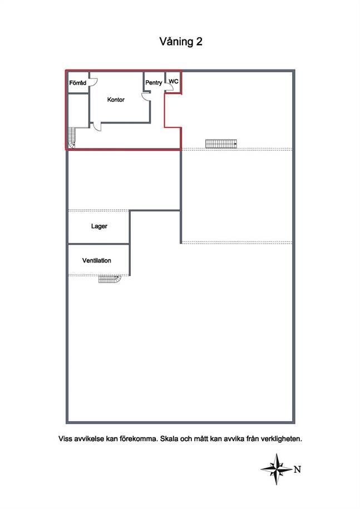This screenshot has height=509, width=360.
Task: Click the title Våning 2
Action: (x=181, y=42)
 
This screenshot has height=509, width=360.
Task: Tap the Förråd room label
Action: (x=78, y=83)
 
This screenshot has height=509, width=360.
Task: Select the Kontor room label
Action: (x=116, y=100)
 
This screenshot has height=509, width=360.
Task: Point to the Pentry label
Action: (x=154, y=83)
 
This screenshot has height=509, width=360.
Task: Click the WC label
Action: (x=174, y=81)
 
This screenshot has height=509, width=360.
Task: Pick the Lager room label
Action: (x=99, y=226)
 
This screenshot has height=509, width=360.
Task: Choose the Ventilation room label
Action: (x=97, y=260)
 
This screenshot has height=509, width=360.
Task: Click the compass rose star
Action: (x=276, y=469)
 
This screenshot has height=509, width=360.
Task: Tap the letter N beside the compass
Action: (x=297, y=470)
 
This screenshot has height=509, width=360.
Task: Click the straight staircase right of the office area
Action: (x=221, y=144)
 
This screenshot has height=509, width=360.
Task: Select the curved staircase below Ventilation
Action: (x=110, y=279)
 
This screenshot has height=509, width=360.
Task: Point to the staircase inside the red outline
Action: (x=71, y=138)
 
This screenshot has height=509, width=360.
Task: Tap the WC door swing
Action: (x=169, y=86)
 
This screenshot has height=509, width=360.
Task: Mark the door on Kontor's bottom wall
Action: (x=96, y=127)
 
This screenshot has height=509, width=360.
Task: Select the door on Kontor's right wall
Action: (x=146, y=97)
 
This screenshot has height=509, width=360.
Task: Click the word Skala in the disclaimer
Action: (x=169, y=438)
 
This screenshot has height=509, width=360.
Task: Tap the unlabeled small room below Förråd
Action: (x=78, y=110)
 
